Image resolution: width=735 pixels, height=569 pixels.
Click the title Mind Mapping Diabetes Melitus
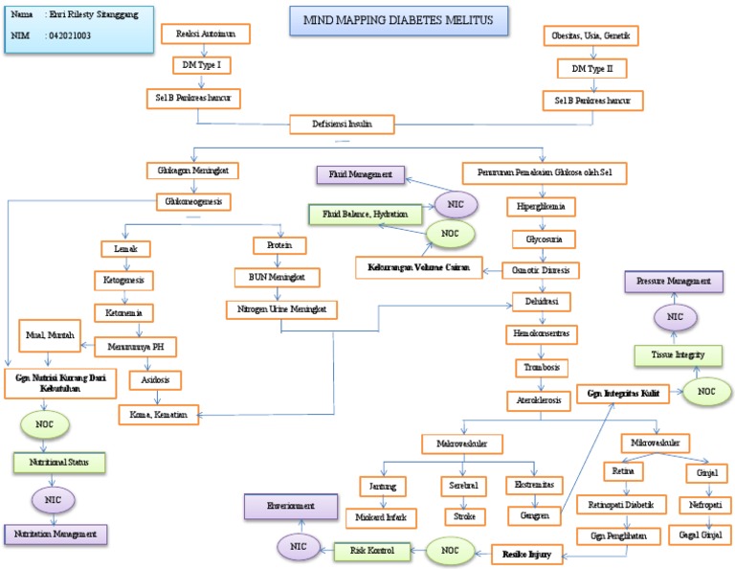[398, 19]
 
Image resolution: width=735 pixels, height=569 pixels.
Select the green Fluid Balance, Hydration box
[356, 214]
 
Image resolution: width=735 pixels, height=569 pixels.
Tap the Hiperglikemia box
[543, 205]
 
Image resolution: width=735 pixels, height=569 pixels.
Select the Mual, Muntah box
[55, 335]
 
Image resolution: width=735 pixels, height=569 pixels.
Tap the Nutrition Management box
[55, 533]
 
